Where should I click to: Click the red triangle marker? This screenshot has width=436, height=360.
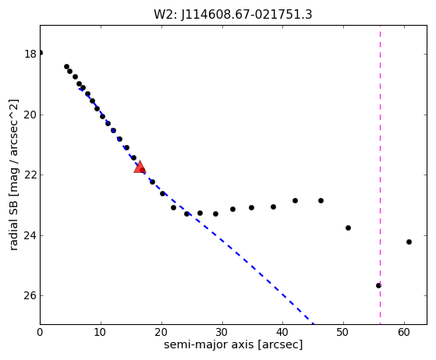click(140, 167)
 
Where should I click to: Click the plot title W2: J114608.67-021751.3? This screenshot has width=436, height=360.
click(233, 15)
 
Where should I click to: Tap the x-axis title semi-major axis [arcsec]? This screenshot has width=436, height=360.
click(233, 344)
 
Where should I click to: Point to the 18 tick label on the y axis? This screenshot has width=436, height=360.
click(30, 54)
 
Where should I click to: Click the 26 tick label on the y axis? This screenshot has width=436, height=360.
click(30, 295)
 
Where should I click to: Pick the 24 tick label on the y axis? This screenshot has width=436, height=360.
click(30, 235)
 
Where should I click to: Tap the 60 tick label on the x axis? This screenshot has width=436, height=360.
click(404, 332)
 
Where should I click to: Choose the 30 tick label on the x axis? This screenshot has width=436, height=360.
click(222, 332)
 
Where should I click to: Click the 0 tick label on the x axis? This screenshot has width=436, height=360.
click(40, 332)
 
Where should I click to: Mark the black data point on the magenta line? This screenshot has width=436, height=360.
click(378, 285)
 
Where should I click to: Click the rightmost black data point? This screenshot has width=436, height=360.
click(409, 242)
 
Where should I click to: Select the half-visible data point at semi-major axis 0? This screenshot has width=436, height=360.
click(41, 52)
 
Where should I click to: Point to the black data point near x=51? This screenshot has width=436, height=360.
click(348, 228)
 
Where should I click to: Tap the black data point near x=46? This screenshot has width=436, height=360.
click(321, 200)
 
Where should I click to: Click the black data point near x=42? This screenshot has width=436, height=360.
click(295, 200)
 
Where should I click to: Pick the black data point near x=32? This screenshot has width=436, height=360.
click(232, 209)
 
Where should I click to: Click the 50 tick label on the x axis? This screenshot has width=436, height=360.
click(343, 332)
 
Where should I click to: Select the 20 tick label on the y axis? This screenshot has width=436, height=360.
click(30, 115)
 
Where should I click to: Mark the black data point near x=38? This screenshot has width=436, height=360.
click(273, 207)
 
